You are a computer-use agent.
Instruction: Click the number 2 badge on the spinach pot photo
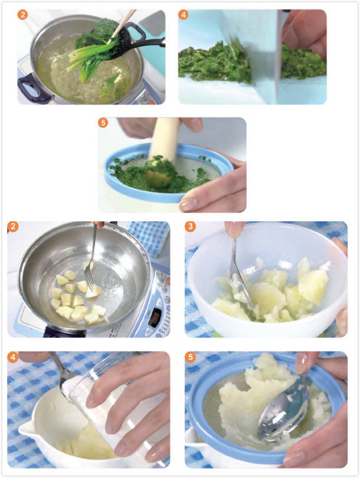[x=22, y=15]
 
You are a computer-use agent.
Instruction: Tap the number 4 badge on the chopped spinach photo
[x=183, y=15]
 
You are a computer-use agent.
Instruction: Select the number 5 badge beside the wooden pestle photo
[x=103, y=123]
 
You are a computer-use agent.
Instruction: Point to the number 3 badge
[x=190, y=227]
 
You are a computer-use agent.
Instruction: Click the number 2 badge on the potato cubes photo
[x=13, y=227]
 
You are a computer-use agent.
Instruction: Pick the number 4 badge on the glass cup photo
[x=13, y=356]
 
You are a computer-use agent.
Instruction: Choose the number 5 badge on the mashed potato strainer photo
[x=190, y=356]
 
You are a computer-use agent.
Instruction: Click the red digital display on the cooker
[x=156, y=317]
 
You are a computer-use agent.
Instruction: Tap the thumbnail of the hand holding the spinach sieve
[x=189, y=204]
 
